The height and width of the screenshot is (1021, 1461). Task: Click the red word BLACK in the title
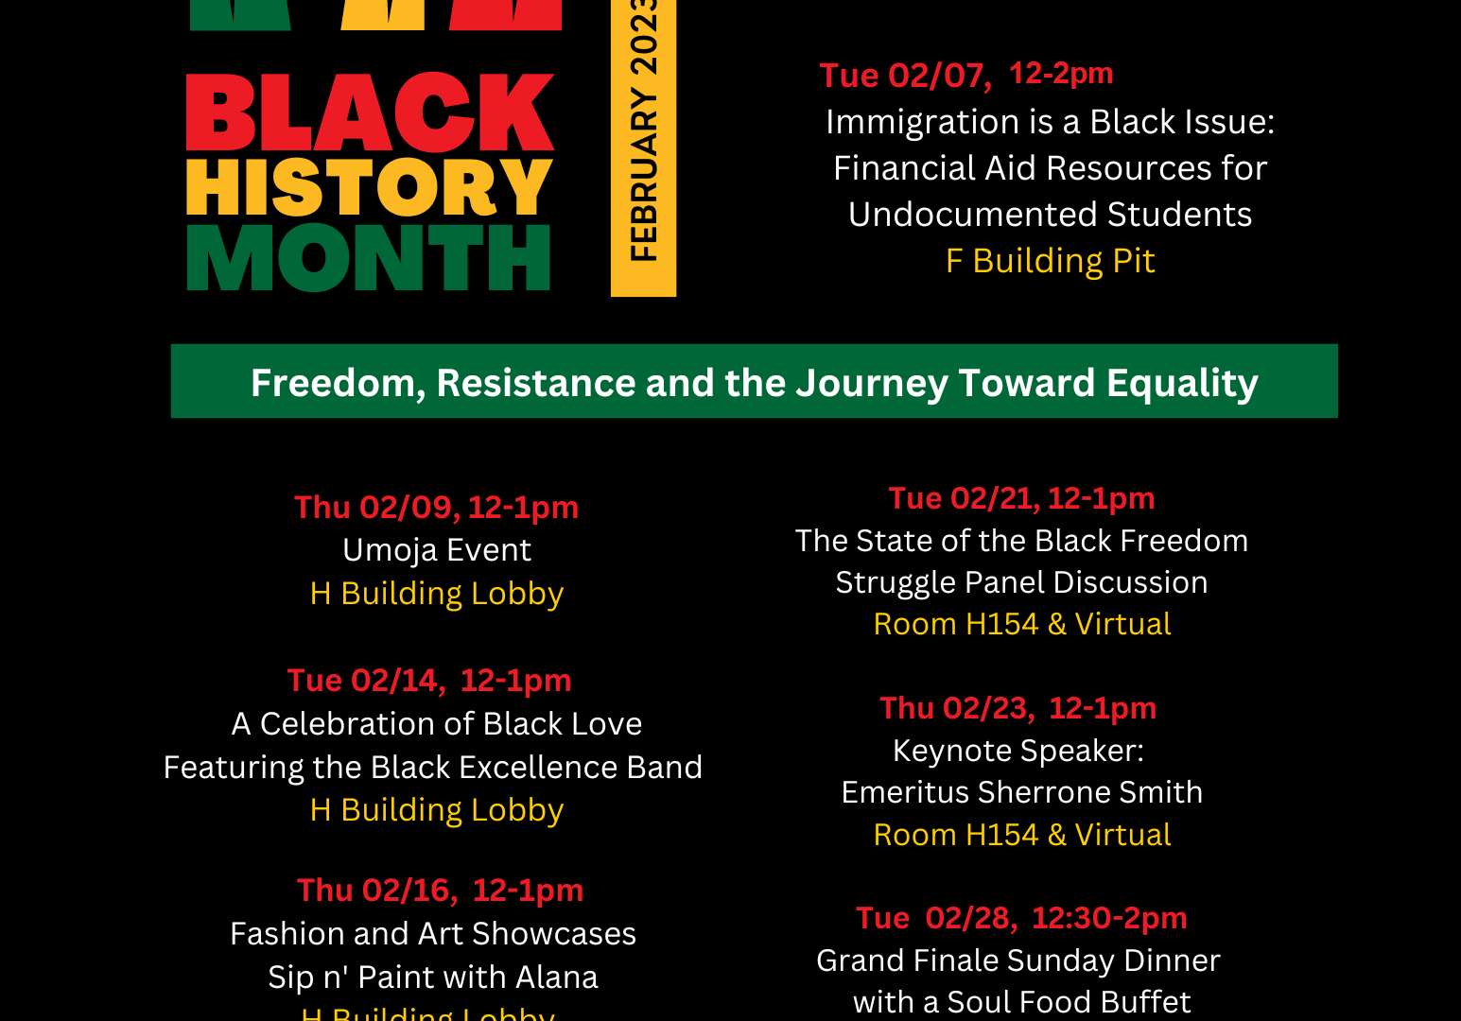[x=370, y=112]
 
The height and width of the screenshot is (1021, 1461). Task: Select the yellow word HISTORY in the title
[x=369, y=187]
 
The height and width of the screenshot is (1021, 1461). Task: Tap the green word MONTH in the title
[x=369, y=257]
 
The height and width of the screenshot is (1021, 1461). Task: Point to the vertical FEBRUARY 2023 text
[x=644, y=130]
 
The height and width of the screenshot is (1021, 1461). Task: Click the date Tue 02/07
[x=905, y=76]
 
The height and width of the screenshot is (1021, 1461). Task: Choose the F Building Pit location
[x=1050, y=261]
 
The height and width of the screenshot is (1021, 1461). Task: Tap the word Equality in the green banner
[x=1182, y=384]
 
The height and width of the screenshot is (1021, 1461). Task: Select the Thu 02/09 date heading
[x=377, y=508]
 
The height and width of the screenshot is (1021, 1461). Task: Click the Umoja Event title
[x=436, y=550]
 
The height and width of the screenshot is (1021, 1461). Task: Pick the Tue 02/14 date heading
[x=366, y=681]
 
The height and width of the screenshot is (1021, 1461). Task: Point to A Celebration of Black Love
[x=436, y=724]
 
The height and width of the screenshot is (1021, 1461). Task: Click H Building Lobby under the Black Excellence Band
[x=436, y=811]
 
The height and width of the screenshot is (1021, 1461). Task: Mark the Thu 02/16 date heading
[x=377, y=891]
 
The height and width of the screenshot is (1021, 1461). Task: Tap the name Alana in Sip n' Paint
[x=556, y=978]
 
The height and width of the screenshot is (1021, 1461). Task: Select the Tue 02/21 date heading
[x=964, y=499]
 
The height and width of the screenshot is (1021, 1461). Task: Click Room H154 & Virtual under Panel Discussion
[x=1022, y=625]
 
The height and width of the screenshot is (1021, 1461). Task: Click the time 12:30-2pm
[x=1109, y=919]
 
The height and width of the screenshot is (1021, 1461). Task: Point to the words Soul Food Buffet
[x=1069, y=1002]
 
